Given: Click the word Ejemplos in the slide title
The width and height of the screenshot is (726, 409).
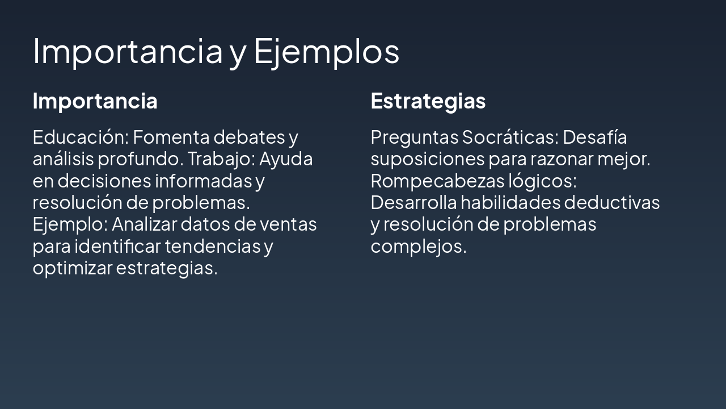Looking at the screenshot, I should click(x=326, y=51).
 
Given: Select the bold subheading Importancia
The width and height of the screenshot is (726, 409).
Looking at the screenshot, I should click(x=95, y=101).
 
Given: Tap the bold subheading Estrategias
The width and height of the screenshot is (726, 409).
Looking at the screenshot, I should click(x=428, y=101).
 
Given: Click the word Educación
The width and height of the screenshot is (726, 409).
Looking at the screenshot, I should click(x=80, y=137).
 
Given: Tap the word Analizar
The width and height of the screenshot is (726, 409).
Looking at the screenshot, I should click(x=144, y=224).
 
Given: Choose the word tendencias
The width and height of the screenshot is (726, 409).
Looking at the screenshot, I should click(x=212, y=247).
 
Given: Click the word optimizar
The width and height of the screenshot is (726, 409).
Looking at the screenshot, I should click(x=73, y=268).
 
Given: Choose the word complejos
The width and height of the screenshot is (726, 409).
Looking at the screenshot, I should click(x=418, y=247).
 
